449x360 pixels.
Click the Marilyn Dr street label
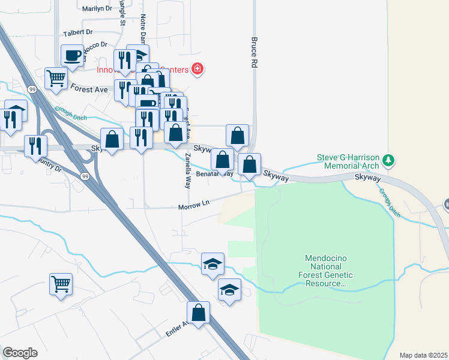pos(97,8)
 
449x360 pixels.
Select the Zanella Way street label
pos(188,171)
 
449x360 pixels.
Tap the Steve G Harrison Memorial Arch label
pos(348,162)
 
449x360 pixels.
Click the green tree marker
pos(390,160)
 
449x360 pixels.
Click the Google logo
pos(20,353)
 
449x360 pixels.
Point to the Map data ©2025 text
pos(423,355)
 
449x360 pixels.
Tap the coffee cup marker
pos(73,56)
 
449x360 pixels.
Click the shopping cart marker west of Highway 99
pos(61,284)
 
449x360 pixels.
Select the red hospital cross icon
pos(197,70)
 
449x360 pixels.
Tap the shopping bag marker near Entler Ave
pos(198,313)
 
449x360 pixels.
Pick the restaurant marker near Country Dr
pos(35,145)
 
